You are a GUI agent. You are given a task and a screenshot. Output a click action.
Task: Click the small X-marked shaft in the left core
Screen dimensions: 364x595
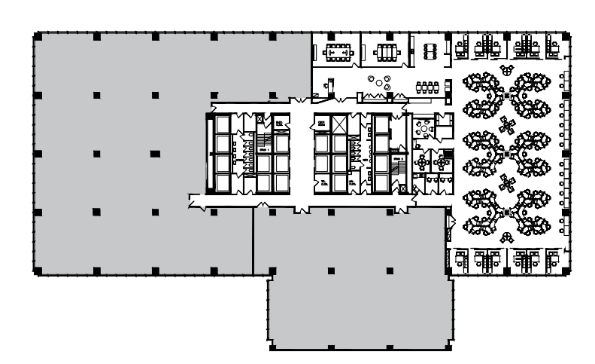[x=260, y=119]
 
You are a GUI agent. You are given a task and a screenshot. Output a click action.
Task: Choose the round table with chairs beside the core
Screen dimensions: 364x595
[x=427, y=129]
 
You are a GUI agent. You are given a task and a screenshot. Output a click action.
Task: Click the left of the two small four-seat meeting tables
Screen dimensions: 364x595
[x=424, y=161]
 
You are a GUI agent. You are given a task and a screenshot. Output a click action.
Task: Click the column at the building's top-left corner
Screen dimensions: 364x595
[x=37, y=35]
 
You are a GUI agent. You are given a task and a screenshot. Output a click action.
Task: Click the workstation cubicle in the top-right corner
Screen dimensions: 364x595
[x=552, y=47]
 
